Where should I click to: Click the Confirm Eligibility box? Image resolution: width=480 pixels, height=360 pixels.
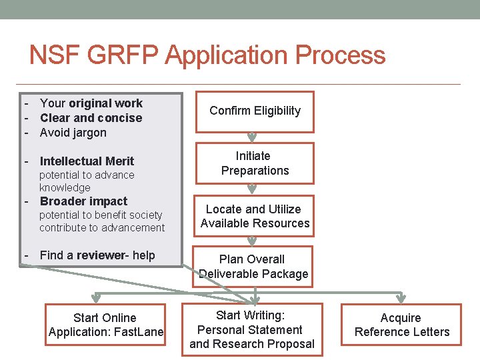[x=255, y=111]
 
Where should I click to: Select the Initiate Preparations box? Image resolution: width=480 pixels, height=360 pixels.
[x=255, y=163]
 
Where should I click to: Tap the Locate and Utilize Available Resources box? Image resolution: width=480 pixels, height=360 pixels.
[x=255, y=216]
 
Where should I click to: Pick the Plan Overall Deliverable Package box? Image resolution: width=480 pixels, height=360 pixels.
[x=253, y=267]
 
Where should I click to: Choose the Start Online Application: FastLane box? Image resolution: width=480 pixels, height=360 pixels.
[x=105, y=325]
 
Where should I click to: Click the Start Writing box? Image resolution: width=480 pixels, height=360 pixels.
[x=252, y=329]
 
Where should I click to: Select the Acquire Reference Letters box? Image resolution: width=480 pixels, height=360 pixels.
[x=401, y=325]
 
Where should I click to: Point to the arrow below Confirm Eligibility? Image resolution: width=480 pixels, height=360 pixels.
[x=252, y=137]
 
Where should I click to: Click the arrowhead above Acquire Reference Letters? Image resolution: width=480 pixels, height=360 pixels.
[x=401, y=297]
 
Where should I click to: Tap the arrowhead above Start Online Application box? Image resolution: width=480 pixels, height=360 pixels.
[x=97, y=297]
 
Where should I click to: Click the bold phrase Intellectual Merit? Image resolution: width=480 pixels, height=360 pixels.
[x=87, y=161]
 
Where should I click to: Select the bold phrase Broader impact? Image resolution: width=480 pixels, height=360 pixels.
[x=83, y=201]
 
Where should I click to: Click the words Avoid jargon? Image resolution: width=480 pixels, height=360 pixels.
[x=73, y=132]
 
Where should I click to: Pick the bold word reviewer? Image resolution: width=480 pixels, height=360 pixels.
[x=101, y=255]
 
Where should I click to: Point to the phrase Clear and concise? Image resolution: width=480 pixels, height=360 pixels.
[x=91, y=117]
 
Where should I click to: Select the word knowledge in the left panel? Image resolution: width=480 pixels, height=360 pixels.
[x=65, y=187]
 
